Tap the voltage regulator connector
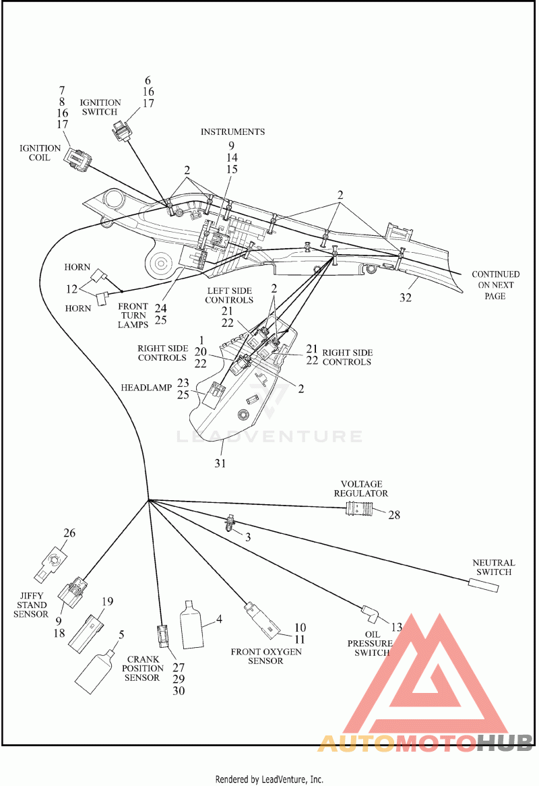point(359,510)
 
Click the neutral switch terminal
point(483,584)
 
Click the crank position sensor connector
point(163,636)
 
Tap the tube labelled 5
point(95,671)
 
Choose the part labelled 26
point(51,562)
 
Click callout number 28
point(394,515)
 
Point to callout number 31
point(220,463)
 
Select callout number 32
point(406,297)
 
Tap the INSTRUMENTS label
point(233,132)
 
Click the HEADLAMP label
point(146,388)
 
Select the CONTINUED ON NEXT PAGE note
point(495,284)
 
